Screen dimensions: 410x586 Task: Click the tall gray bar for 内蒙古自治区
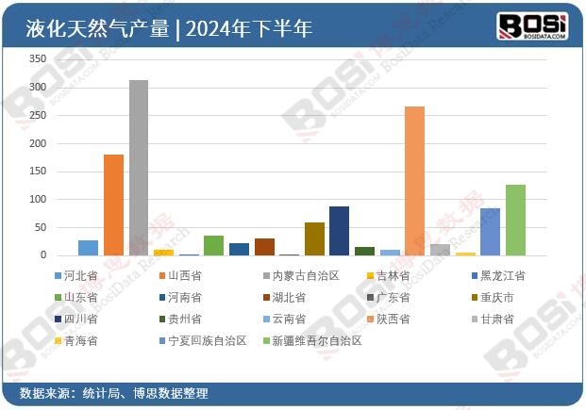[x=138, y=168]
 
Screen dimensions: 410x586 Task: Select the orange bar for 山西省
[x=113, y=205]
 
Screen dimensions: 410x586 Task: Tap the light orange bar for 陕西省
[x=414, y=181]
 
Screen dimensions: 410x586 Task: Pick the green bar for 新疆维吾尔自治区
[x=515, y=220]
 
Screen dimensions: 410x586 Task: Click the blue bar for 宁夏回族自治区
[x=490, y=232]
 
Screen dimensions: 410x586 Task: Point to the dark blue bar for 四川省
[x=339, y=231]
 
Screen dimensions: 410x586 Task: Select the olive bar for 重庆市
[x=314, y=239]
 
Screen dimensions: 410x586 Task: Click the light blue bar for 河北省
[x=88, y=248]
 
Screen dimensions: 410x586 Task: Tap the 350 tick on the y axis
[x=38, y=59]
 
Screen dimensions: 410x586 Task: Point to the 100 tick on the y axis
[x=38, y=200]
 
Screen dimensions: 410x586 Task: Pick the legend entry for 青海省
[x=79, y=341]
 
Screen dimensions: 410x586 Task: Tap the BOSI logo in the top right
[x=532, y=25]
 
